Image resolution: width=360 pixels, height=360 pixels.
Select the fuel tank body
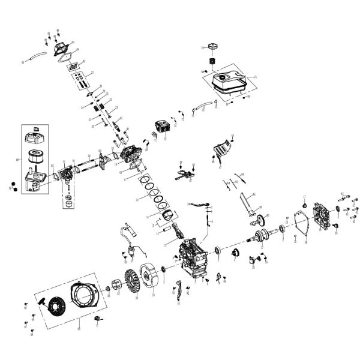(228, 82)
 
